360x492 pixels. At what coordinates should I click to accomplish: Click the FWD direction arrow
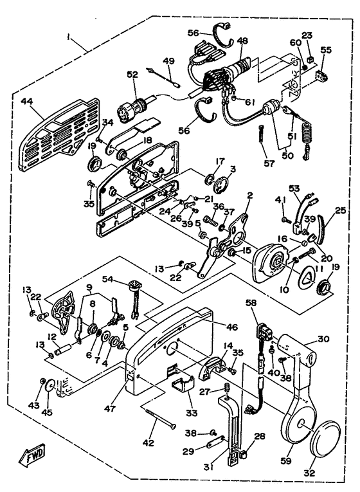[32, 455]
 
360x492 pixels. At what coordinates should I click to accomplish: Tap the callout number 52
[132, 75]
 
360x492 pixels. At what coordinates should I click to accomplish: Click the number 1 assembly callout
[68, 37]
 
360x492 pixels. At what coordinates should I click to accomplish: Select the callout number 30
[323, 339]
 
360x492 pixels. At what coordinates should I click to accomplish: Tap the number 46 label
[231, 327]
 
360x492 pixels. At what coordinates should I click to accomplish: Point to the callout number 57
[269, 163]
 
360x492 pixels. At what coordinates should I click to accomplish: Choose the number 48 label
[242, 41]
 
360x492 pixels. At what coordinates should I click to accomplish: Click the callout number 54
[109, 278]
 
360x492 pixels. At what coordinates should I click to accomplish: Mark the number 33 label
[192, 413]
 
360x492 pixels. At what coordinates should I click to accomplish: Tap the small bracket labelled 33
[183, 383]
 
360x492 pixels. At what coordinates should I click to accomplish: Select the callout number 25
[339, 210]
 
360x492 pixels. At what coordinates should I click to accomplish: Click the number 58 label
[251, 303]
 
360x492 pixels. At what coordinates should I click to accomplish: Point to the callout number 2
[249, 195]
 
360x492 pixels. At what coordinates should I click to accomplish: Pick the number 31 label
[208, 467]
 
